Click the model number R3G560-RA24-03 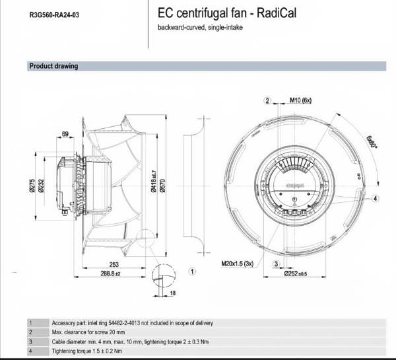(54, 15)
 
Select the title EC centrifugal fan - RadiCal (227, 13)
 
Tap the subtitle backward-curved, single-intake (200, 27)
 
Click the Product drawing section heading (54, 66)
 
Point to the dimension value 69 (65, 134)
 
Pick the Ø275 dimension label (32, 186)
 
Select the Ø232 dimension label (41, 186)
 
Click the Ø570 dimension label (162, 186)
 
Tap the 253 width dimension (114, 264)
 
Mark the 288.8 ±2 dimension (111, 273)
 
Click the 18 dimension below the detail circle (173, 293)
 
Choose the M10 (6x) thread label (300, 100)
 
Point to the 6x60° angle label (372, 142)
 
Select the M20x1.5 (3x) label (238, 264)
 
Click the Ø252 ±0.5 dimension (296, 273)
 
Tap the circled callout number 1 (193, 271)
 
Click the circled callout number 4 (376, 199)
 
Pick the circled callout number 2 (267, 100)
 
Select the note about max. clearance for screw (88, 332)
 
